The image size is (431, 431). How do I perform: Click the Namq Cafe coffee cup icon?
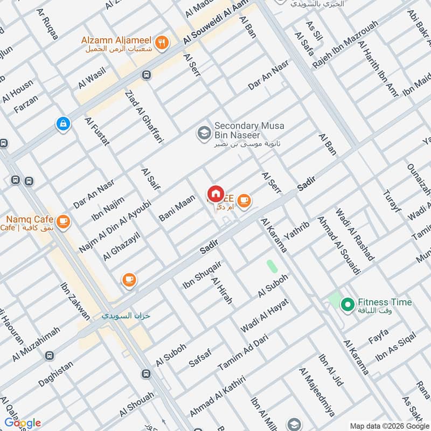(x=64, y=221)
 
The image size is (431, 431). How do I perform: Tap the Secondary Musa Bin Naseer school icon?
(x=204, y=132)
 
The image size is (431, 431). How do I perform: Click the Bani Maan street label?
(x=177, y=208)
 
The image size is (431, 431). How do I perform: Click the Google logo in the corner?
(x=23, y=423)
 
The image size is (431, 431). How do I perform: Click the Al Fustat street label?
(x=97, y=131)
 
